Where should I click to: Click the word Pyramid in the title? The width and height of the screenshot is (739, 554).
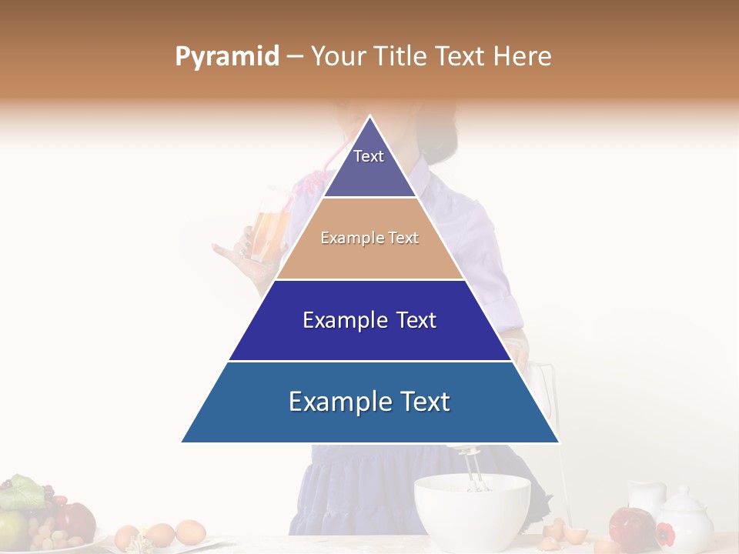tap(226, 57)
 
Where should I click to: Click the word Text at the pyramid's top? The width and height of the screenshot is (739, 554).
tap(368, 156)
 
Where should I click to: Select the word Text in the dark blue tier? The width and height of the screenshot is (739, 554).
tap(411, 320)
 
